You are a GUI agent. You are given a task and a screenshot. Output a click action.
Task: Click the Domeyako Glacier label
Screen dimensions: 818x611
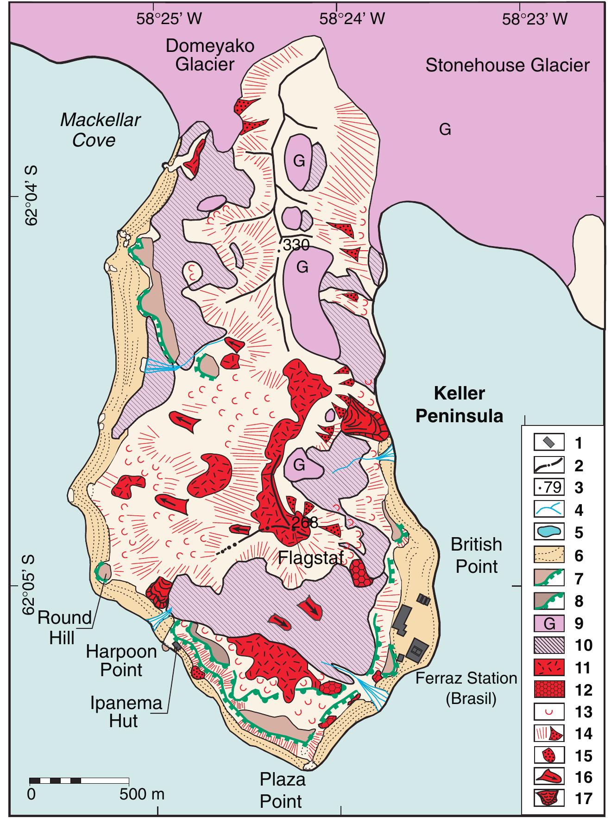(210, 55)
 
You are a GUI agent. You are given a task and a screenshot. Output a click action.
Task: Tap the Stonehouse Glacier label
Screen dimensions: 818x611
(507, 65)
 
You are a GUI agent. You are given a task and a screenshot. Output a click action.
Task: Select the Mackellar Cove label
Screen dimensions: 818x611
(100, 130)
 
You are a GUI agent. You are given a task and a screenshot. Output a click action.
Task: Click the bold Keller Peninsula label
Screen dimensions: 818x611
(459, 405)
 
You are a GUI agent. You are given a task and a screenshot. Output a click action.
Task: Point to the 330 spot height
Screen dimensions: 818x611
(296, 245)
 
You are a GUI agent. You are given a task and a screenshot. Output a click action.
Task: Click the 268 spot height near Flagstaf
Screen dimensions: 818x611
(305, 522)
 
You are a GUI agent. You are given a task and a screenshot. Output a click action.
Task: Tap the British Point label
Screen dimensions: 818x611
(476, 555)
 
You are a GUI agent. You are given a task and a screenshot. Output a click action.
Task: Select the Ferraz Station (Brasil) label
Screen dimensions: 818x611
(466, 688)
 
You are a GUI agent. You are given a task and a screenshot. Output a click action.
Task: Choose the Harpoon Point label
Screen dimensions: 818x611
(121, 660)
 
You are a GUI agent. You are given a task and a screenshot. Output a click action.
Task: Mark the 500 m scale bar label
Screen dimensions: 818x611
(142, 794)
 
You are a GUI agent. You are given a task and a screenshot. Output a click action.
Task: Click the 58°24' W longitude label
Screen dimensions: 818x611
(352, 19)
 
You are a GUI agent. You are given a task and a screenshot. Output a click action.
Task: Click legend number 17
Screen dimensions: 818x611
(583, 798)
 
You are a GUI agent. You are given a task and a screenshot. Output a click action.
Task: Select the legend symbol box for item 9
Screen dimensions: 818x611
(549, 623)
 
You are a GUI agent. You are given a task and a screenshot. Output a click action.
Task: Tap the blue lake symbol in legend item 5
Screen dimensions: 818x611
(549, 533)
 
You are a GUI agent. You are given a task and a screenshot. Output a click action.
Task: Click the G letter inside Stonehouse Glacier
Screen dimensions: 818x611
(445, 130)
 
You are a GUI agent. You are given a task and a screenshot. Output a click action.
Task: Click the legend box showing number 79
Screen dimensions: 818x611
(549, 488)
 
